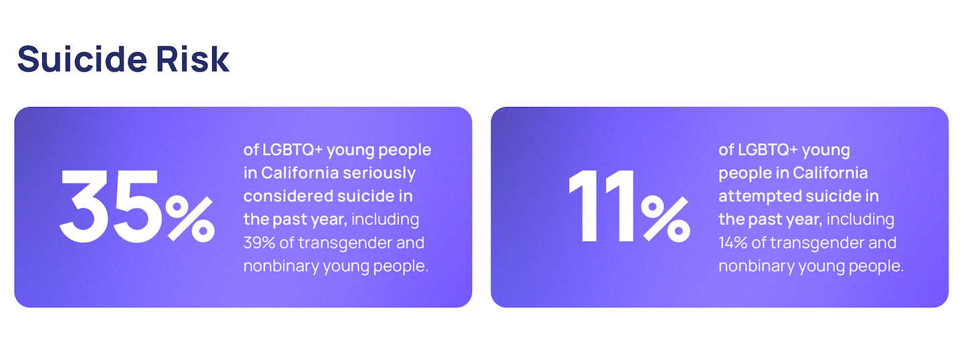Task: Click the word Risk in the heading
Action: point(193,59)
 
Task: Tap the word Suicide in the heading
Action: point(82,59)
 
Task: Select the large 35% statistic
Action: point(137,206)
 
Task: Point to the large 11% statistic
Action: point(629,206)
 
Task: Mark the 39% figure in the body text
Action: point(259,243)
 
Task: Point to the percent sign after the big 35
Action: point(190,219)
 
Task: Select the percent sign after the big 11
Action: point(665,219)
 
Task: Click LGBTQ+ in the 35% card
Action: point(292,150)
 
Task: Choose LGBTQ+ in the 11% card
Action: point(768,150)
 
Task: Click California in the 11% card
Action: point(830,173)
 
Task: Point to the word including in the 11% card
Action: point(860,219)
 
